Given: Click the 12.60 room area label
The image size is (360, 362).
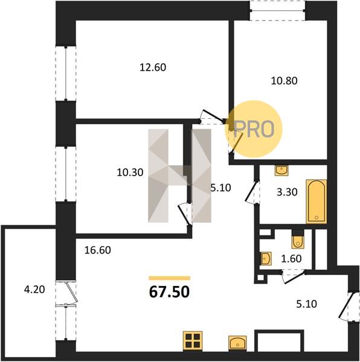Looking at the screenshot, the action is pos(153,68).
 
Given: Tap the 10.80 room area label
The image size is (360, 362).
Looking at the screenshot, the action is pos(284,81).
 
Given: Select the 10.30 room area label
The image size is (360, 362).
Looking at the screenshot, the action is pos(130,173).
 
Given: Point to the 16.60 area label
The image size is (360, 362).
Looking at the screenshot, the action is pos(98,250).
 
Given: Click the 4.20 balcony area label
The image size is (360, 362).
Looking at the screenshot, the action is pos(34,290).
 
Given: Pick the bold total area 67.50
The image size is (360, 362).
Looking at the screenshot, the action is pos(169,292).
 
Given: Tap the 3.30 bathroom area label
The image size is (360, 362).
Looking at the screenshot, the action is pos(287,192).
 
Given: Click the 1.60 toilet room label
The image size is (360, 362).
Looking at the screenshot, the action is pos(291,259).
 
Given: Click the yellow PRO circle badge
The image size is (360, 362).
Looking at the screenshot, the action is pos(254,129).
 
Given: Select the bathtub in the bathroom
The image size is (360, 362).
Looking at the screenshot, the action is pos(317,202).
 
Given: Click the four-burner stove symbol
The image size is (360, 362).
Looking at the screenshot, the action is pos(193,340).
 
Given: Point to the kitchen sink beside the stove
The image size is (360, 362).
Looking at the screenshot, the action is pos(237,342).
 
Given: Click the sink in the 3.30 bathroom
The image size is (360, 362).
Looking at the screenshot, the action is pos(281,171).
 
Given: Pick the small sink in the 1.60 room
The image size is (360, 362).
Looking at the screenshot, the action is pos(266,258).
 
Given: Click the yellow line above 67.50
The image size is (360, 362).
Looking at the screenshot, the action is pos(169,278).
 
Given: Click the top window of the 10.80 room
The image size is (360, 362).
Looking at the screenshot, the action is pos(277,10).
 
